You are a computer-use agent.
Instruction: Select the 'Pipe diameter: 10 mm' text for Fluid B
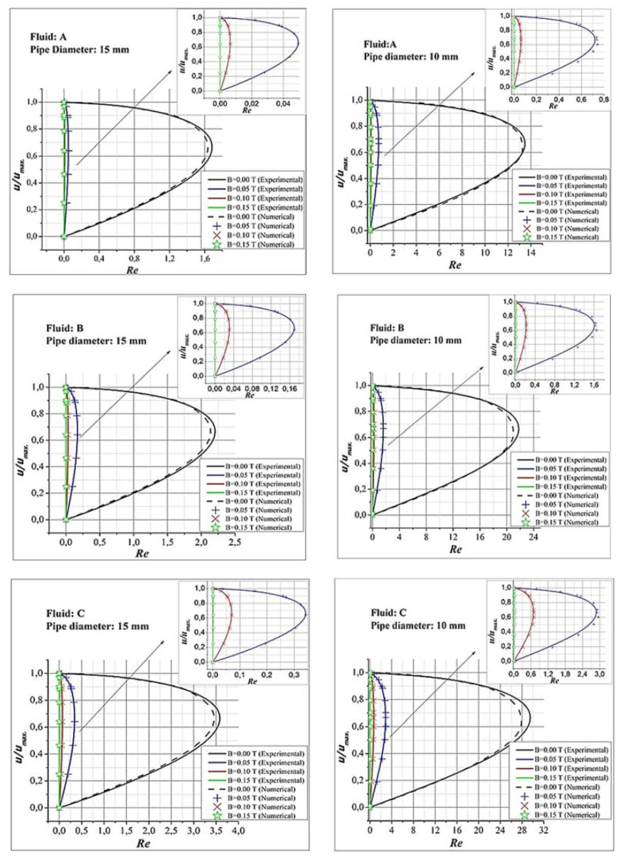coord(416,340)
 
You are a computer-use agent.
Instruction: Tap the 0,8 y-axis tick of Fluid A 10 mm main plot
coord(359,126)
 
